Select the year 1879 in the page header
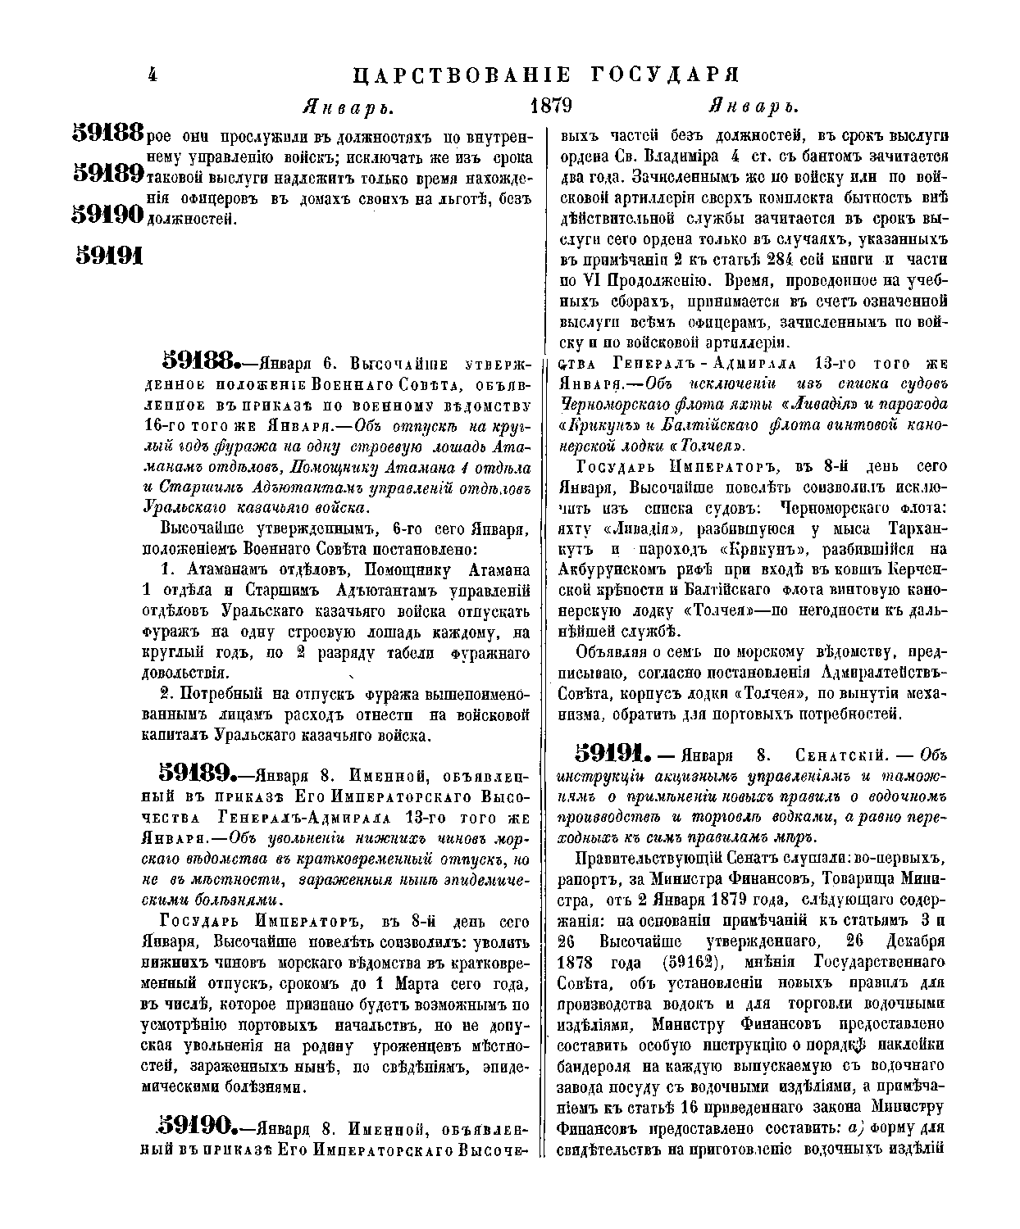click(x=550, y=107)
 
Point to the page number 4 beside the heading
click(x=153, y=75)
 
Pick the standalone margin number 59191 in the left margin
click(x=109, y=256)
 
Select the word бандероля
click(x=595, y=1066)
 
